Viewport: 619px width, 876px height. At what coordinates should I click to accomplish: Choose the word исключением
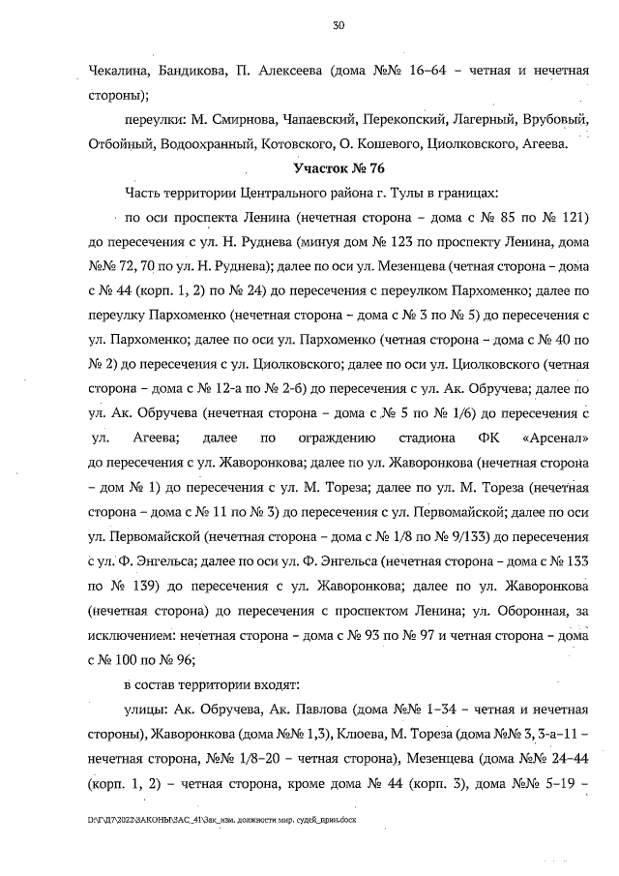tap(125, 634)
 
